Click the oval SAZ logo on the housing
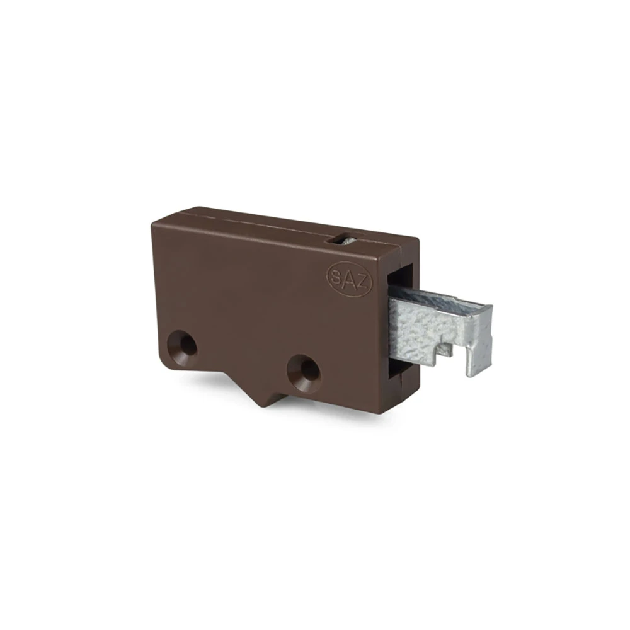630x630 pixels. pyautogui.click(x=349, y=279)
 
